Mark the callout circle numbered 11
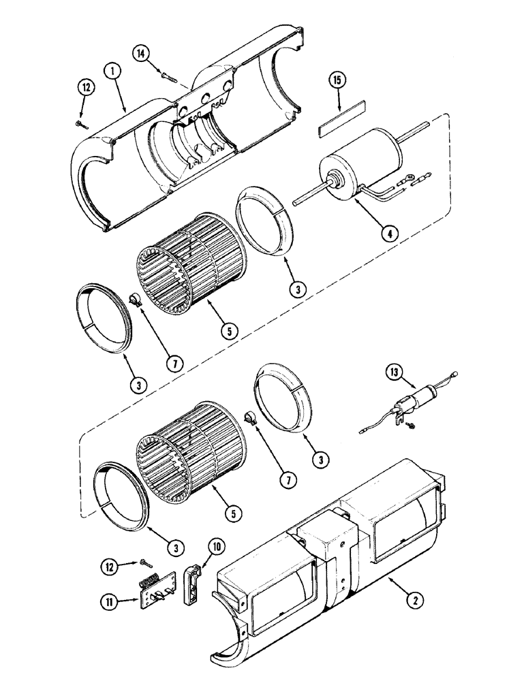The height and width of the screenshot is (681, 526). coord(107,601)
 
